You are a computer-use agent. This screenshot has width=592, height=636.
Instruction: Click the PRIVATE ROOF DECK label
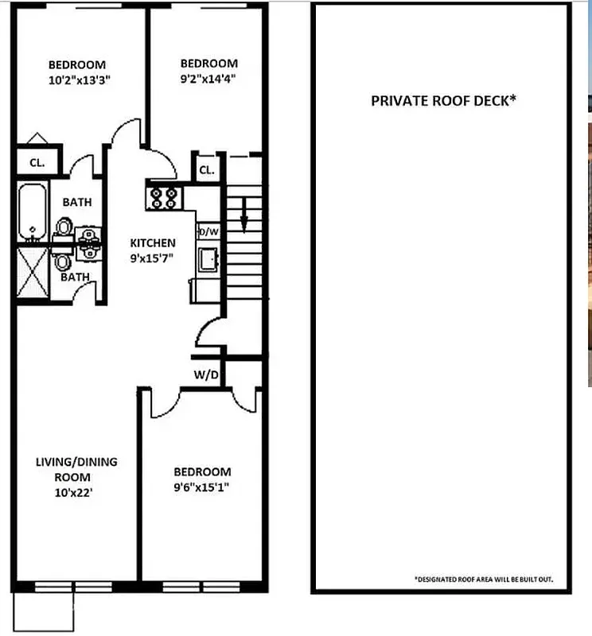(444, 101)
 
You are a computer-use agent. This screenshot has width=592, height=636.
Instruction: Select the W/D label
(206, 374)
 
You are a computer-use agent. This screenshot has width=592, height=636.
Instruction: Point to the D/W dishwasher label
(208, 231)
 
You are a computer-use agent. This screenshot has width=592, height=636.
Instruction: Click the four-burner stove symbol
(165, 196)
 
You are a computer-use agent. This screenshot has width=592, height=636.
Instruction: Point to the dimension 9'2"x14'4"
(208, 78)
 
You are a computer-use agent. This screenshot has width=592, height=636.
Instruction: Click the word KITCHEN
(153, 242)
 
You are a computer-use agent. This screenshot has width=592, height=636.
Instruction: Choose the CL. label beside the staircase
(207, 170)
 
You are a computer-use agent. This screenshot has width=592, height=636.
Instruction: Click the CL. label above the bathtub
(37, 163)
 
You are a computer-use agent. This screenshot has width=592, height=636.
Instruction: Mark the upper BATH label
(77, 202)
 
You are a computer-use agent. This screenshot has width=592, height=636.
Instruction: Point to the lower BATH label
(76, 277)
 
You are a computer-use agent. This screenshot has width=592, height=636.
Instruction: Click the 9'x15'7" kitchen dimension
(153, 258)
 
